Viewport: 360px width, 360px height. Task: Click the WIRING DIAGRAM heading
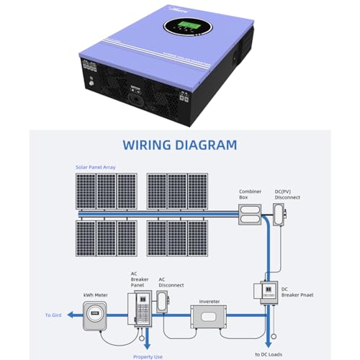[180, 145]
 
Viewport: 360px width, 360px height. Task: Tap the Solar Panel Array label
[95, 167]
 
